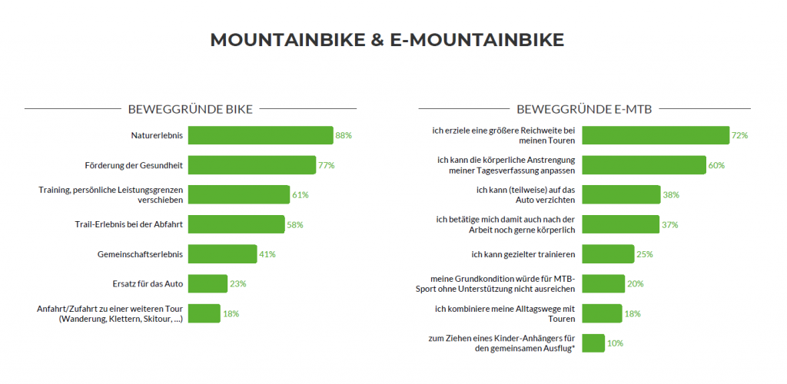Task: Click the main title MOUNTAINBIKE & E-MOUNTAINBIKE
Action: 387,40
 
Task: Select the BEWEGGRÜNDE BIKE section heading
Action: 190,109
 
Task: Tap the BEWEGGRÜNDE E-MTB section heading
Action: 584,109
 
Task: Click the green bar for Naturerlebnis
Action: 261,135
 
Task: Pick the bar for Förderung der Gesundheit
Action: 252,165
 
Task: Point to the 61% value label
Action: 301,195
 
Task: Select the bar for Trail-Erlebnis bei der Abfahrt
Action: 237,224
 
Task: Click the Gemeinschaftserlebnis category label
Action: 141,254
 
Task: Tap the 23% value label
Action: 238,283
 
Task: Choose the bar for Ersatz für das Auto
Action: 208,283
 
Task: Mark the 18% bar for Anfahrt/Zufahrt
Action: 204,313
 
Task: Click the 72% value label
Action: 740,135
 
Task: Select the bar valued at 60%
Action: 644,165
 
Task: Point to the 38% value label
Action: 671,195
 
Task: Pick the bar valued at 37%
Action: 620,224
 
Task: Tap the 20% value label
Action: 636,283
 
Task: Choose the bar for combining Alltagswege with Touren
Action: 602,313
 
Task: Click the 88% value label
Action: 344,135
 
